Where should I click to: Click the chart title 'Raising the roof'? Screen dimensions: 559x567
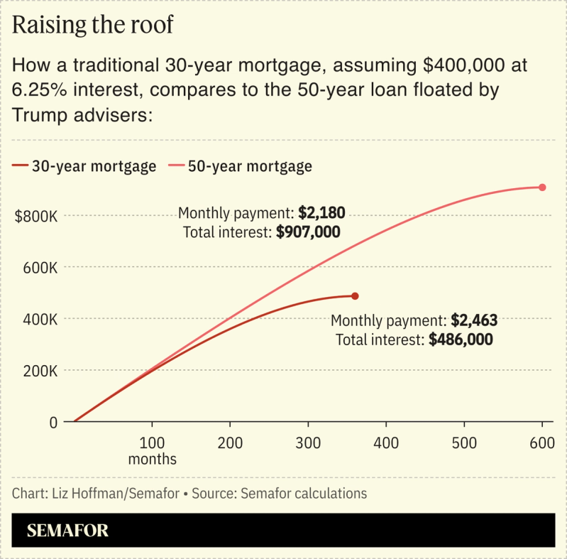click(x=93, y=25)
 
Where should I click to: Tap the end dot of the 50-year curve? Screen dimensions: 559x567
click(x=542, y=188)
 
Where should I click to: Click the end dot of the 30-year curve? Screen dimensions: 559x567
click(x=355, y=296)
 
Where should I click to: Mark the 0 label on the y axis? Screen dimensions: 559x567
click(x=53, y=422)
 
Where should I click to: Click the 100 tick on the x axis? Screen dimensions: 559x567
click(x=152, y=443)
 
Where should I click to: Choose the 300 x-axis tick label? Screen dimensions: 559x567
click(x=308, y=443)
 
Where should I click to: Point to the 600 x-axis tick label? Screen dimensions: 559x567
click(x=542, y=443)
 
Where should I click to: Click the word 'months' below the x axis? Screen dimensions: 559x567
click(x=152, y=459)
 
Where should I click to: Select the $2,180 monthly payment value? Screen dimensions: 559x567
click(x=321, y=213)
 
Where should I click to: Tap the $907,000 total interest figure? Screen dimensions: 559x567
click(x=308, y=232)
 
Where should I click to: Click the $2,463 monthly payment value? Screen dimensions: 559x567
click(x=474, y=320)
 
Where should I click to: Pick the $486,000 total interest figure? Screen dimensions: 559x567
click(x=461, y=340)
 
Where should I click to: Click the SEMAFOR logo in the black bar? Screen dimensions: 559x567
click(x=67, y=531)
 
